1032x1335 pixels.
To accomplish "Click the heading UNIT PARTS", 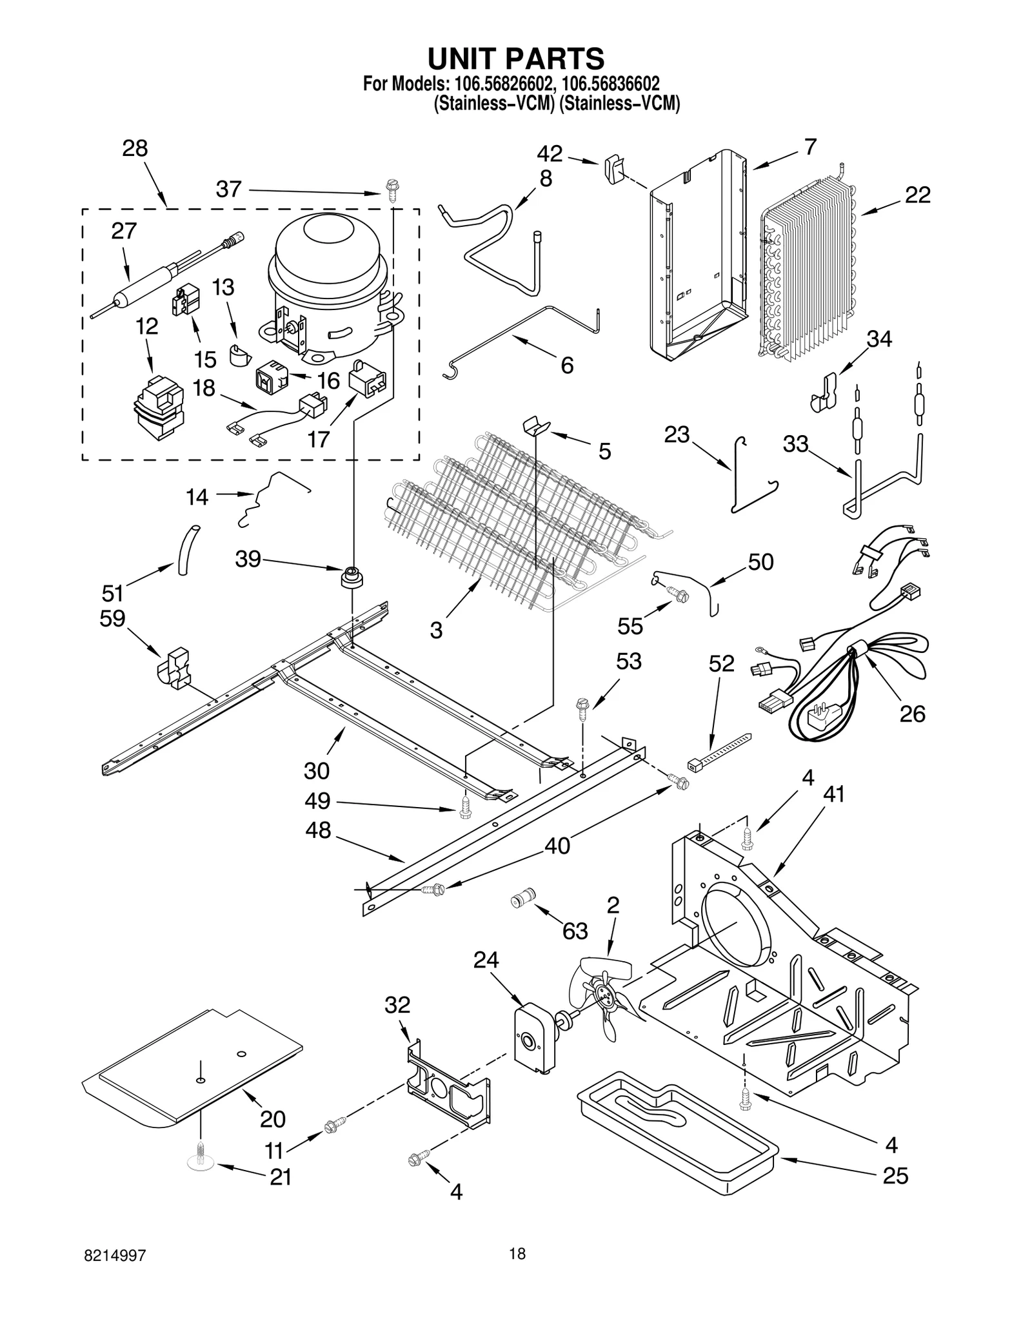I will click(x=516, y=58).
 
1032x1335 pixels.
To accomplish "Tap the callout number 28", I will click(x=135, y=148).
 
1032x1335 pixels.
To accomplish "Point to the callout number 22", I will click(x=917, y=195).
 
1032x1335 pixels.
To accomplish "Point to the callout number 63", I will click(x=575, y=930).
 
